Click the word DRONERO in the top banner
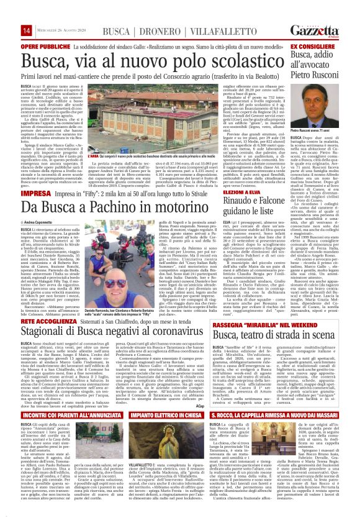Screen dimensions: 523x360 184,13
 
